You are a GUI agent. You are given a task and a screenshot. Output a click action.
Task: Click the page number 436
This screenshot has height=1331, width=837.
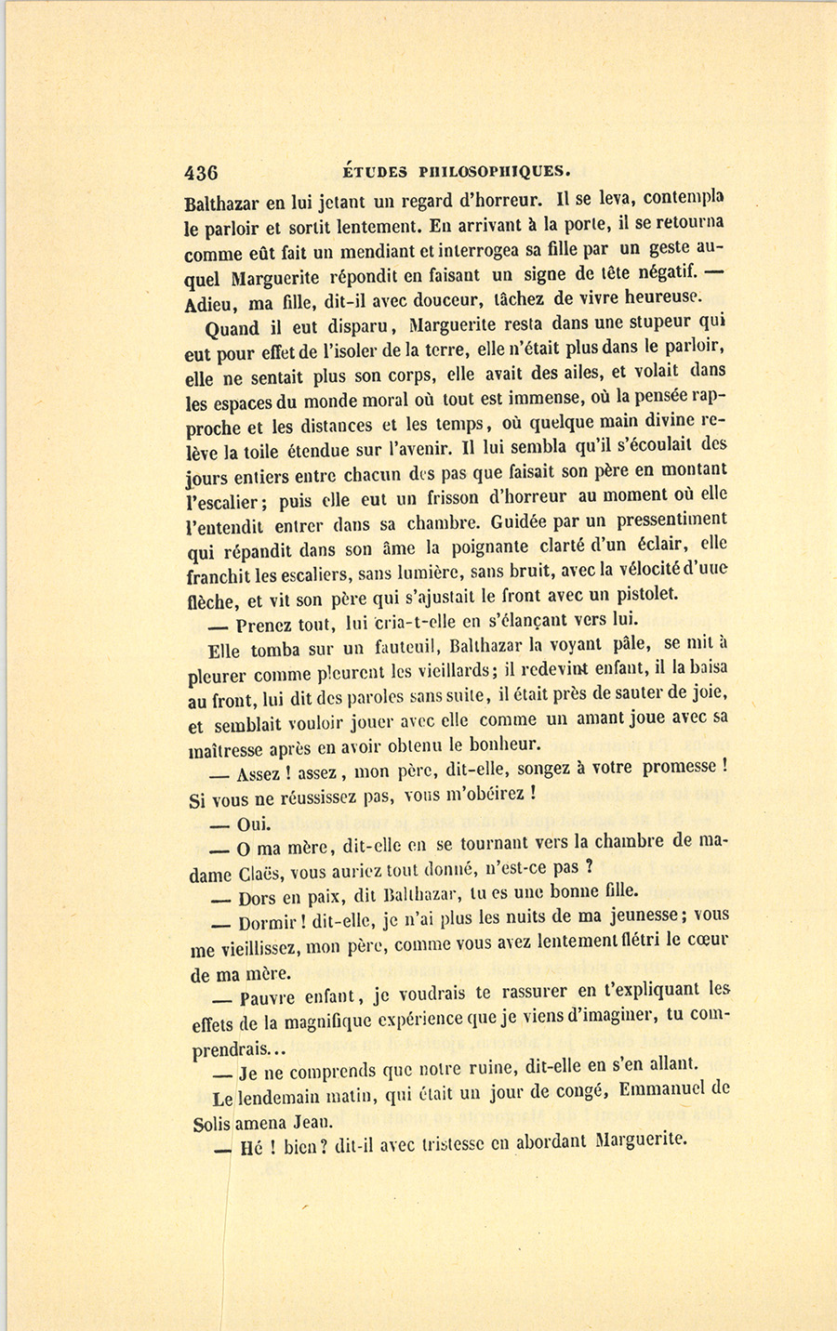202,172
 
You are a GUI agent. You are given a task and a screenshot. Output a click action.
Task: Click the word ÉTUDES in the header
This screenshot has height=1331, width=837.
376,171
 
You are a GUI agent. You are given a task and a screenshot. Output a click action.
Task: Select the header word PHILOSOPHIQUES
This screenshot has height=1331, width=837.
493,171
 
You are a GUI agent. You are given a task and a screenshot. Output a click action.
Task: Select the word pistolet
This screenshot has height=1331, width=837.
645,594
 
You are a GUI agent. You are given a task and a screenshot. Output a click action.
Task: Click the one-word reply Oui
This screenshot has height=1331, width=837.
253,824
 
